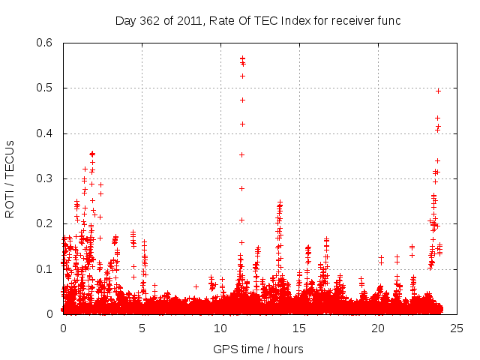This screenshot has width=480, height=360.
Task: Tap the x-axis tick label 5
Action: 142,328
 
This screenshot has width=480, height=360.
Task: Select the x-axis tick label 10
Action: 220,328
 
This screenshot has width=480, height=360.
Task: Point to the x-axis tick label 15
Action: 299,328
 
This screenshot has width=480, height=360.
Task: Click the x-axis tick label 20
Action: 378,328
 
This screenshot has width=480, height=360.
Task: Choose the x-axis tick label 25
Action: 457,328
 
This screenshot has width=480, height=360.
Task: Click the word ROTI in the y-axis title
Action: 10,202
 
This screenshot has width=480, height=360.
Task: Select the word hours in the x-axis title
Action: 288,349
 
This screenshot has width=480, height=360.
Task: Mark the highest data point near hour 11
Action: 242,58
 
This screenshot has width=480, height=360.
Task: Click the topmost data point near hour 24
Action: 438,91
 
